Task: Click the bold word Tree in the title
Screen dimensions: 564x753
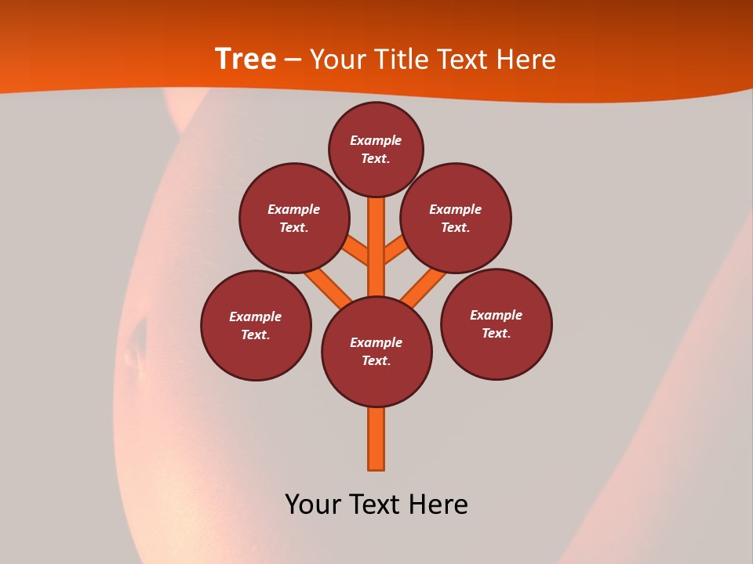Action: point(246,59)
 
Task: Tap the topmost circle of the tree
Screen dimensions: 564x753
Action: point(376,149)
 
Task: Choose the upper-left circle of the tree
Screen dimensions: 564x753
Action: point(293,218)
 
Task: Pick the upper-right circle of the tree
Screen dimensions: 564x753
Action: point(455,218)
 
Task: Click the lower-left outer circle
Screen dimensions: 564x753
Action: point(256,325)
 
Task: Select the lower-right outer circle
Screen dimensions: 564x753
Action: point(496,324)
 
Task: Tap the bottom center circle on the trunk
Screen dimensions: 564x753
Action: point(376,351)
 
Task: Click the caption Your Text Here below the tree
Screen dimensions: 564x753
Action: point(376,504)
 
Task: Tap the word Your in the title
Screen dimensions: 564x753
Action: point(338,59)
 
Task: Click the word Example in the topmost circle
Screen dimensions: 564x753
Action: point(376,140)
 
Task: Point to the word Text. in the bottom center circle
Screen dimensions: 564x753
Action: point(376,360)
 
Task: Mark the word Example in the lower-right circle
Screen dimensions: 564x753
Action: point(496,315)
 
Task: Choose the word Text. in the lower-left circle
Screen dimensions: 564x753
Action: point(256,334)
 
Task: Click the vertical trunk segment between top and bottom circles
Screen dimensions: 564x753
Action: point(376,247)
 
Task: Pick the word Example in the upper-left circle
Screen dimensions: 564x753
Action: point(293,209)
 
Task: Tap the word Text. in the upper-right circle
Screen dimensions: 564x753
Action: point(455,227)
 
